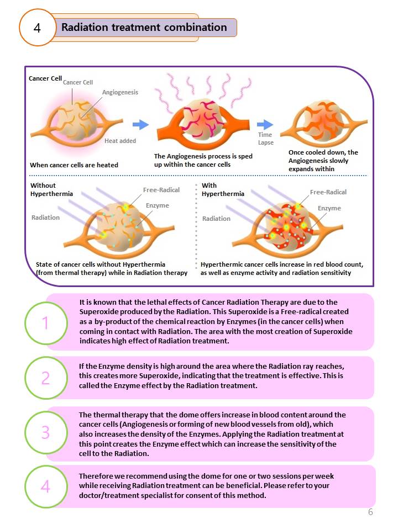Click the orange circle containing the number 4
coord(38,28)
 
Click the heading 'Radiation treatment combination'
coord(144,27)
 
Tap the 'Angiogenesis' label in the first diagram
coord(120,92)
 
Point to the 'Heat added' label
coord(120,141)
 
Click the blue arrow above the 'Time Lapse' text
coord(265,124)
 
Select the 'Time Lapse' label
coord(265,139)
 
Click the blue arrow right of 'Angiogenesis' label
coord(141,125)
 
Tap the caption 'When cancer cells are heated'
coord(74,165)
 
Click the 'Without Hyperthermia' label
coord(51,189)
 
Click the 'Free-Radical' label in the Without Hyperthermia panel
coord(161,190)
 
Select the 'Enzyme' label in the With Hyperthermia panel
coord(329,208)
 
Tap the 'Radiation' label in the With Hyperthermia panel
coord(216,219)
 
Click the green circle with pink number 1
coord(45,322)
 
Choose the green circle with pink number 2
coord(45,378)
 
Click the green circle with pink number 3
coord(45,433)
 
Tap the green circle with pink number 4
coord(45,487)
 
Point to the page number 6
coord(370,512)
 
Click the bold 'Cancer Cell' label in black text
coord(45,78)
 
